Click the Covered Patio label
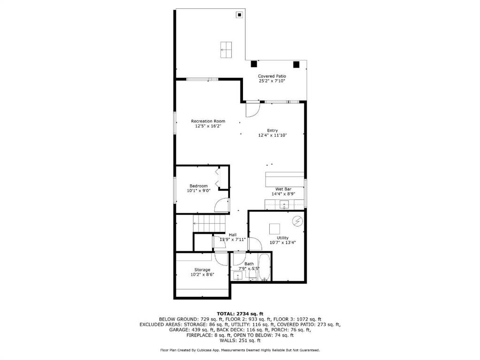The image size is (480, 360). coord(272,76)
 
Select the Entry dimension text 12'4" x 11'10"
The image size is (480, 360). coord(272,135)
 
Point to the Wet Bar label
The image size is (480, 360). coord(283,189)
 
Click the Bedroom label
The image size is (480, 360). coord(198,186)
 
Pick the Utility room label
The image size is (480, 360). coord(282,238)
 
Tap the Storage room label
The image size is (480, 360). coord(202,270)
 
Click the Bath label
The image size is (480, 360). coord(249,264)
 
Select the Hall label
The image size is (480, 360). coord(233,235)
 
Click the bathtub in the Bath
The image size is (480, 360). coord(265,268)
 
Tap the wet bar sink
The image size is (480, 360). coord(284,204)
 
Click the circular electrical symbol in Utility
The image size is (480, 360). coord(297,220)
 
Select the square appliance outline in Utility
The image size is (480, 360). coord(274,228)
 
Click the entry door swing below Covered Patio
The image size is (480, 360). coord(252,110)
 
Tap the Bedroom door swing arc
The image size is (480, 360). coord(221,204)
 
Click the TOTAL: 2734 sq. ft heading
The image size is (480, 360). coord(240,313)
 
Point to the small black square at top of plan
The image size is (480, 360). coord(239,15)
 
